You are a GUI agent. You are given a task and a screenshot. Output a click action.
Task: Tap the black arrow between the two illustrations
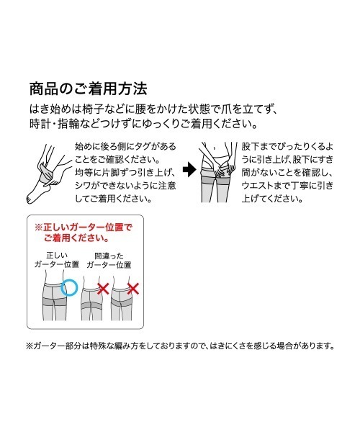(x=189, y=171)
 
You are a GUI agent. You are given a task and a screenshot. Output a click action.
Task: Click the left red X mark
(x=103, y=290)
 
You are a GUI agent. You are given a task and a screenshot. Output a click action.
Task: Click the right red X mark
(x=132, y=290)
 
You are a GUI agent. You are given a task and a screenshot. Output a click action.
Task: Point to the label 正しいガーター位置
(x=58, y=260)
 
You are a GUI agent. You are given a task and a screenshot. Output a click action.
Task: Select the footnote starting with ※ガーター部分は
(x=180, y=346)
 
